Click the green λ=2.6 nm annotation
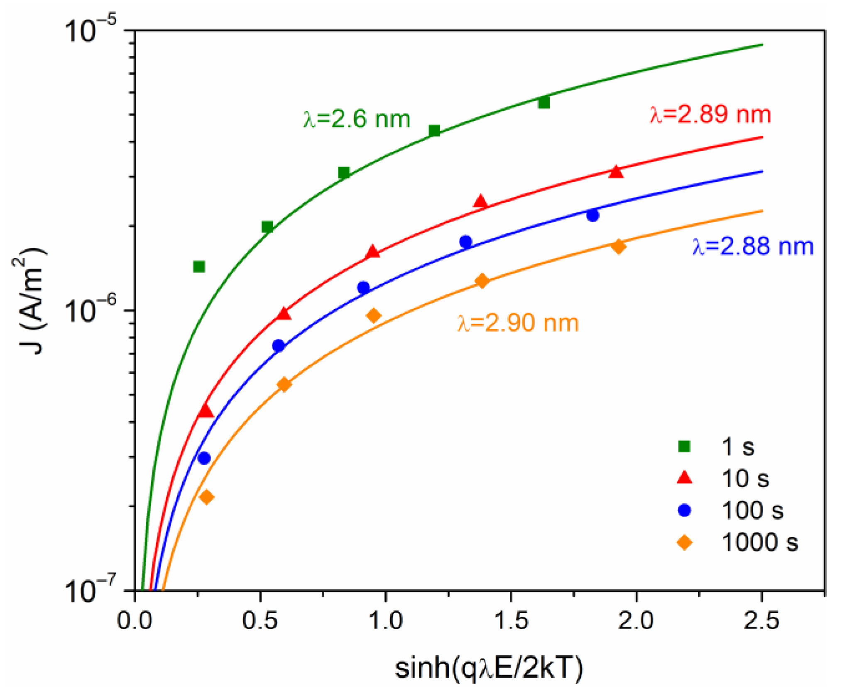coord(357,119)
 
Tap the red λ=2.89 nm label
coord(710,114)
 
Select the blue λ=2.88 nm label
coord(752,247)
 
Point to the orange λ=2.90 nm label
coord(517,323)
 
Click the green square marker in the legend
coord(684,447)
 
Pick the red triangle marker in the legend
coord(684,478)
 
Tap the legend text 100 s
coord(752,510)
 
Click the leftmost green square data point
coord(199,266)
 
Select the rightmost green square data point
coord(544,103)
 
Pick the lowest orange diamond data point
coord(206,497)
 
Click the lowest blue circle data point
coord(204,459)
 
